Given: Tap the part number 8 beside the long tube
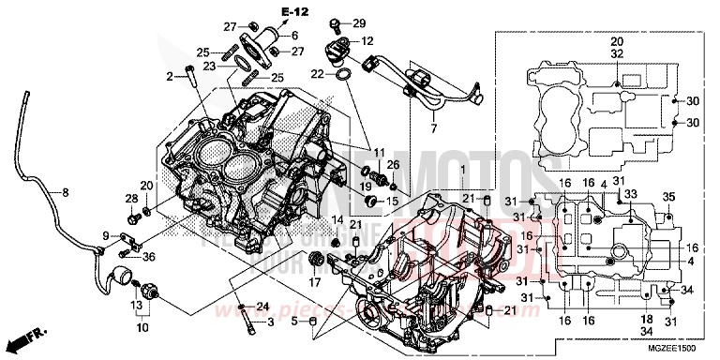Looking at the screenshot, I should click(66, 193).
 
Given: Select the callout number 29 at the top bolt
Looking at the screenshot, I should click(360, 22).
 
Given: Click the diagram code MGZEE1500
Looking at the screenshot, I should click(674, 348).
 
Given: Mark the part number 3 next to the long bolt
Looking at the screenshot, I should click(270, 323).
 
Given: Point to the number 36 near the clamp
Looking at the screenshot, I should click(148, 258).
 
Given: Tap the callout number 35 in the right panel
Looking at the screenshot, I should click(669, 195).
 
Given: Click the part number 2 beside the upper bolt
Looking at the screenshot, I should click(172, 75).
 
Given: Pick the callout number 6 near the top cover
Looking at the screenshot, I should click(294, 36).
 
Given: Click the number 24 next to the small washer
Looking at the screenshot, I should click(263, 307).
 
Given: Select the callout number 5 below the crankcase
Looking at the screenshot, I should click(292, 323).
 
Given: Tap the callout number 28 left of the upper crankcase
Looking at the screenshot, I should click(131, 200).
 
